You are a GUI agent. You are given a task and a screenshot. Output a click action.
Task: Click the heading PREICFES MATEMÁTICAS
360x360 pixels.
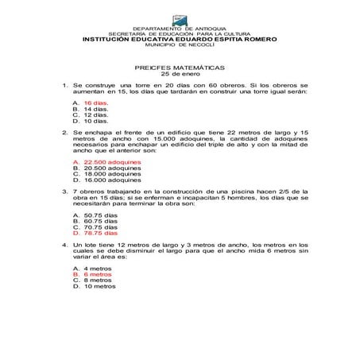click(180, 68)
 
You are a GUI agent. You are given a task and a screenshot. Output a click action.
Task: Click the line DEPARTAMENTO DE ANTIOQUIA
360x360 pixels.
click(180, 28)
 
